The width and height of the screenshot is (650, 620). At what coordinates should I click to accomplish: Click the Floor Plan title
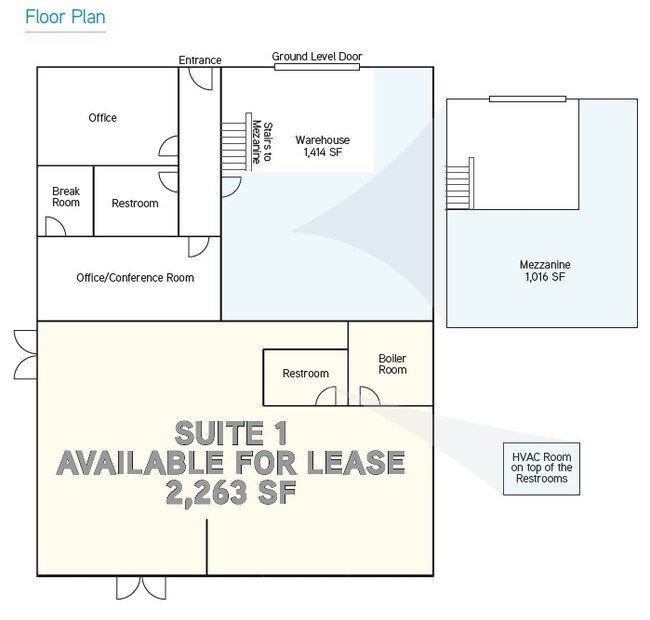tap(65, 17)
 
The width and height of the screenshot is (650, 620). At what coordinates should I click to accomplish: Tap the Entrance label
tap(200, 60)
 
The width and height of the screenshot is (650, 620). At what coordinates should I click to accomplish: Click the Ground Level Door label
tap(317, 56)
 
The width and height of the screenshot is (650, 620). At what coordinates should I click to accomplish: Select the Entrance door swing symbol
tap(201, 79)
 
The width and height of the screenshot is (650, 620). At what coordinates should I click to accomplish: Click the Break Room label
tap(66, 197)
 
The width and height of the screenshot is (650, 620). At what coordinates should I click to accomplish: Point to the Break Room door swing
tap(55, 226)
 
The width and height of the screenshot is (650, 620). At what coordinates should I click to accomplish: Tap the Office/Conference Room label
tap(135, 278)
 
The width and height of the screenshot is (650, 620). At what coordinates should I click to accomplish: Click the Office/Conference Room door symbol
tap(199, 247)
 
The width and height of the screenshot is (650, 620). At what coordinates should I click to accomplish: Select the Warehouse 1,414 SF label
tap(323, 146)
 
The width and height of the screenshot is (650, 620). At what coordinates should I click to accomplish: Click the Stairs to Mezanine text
tap(263, 142)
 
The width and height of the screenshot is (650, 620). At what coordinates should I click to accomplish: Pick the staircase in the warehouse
tap(236, 142)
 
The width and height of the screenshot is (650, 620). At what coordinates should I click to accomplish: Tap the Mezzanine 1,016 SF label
tap(545, 271)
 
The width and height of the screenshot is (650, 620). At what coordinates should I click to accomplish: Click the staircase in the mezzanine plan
tap(460, 183)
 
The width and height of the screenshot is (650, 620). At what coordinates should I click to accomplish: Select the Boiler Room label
tap(392, 364)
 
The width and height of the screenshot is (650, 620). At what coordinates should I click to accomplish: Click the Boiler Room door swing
tap(369, 396)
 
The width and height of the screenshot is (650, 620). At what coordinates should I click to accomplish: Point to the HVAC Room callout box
tap(541, 469)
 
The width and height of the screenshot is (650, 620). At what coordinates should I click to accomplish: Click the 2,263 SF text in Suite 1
tap(231, 492)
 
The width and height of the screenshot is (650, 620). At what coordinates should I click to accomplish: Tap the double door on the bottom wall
tap(141, 588)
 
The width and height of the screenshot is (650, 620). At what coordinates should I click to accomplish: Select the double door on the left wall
tap(26, 355)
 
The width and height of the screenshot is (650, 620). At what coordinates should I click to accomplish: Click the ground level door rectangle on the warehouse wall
tap(317, 67)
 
